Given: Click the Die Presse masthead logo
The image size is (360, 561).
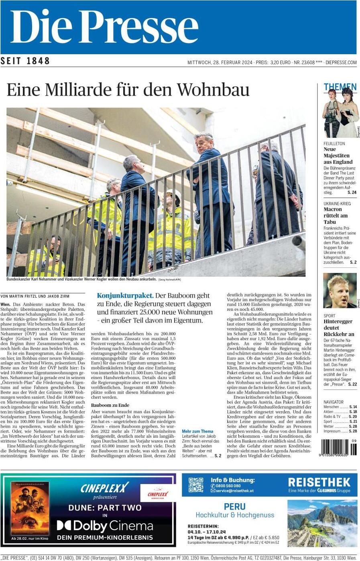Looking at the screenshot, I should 104,27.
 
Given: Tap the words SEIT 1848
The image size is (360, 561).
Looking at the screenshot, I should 25,61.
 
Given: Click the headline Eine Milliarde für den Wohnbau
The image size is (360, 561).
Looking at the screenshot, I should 128,90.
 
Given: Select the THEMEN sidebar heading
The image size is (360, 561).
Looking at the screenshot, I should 340,87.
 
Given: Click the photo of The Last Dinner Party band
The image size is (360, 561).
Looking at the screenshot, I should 340,114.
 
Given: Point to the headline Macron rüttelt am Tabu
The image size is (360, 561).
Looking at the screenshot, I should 336,215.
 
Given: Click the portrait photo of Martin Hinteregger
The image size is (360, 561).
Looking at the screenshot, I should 340,290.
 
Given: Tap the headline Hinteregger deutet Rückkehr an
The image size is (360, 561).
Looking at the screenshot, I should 338,328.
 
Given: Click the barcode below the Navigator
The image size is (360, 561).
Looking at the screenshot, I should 338,447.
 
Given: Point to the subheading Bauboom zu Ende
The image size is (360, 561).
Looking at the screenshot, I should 110,405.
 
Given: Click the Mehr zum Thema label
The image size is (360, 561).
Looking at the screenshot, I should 197,431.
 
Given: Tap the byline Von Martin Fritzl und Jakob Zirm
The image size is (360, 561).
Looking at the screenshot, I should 35,296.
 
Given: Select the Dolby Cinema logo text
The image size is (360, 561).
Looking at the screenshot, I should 105,526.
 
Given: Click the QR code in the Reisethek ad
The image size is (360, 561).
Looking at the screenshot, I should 196,485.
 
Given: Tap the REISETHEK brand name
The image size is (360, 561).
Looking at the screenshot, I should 319,482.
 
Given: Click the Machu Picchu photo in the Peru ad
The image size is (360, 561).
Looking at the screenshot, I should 322,523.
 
